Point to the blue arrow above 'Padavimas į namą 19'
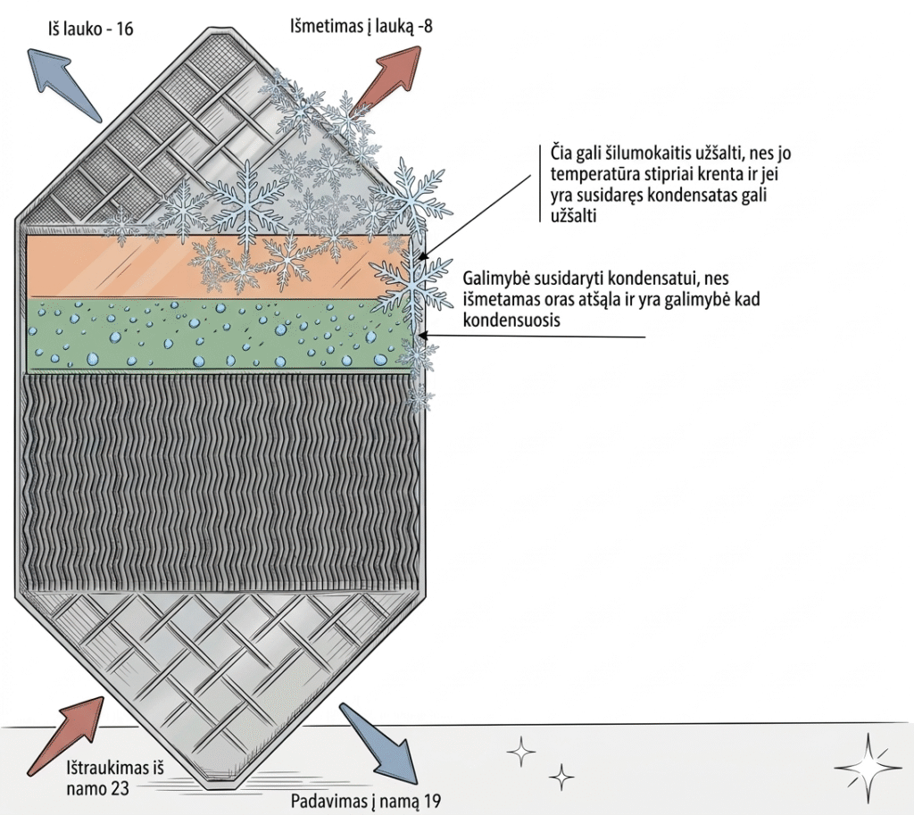point(378,741)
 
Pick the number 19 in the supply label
point(432,801)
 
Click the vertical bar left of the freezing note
point(541,183)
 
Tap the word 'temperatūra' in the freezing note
point(588,175)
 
